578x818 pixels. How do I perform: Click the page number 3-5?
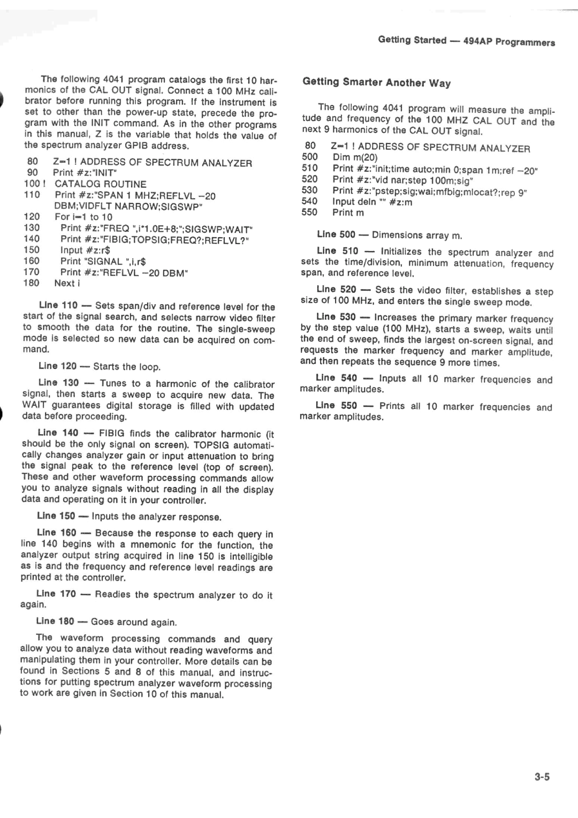[541, 777]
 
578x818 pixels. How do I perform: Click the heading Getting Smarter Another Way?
[377, 82]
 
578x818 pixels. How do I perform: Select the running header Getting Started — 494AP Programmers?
[466, 41]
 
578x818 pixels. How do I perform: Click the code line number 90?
[32, 172]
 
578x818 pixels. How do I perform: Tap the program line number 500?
[309, 157]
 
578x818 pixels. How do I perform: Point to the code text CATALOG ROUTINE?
[101, 184]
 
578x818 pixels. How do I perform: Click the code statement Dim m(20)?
[355, 157]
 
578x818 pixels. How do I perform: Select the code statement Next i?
[67, 283]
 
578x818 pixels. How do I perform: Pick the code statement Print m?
[348, 213]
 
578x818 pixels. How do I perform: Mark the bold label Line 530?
[336, 317]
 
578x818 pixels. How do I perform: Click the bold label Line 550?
[336, 406]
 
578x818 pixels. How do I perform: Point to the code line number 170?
[32, 272]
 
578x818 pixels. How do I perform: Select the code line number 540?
[309, 201]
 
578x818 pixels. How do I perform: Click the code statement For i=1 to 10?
[83, 217]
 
